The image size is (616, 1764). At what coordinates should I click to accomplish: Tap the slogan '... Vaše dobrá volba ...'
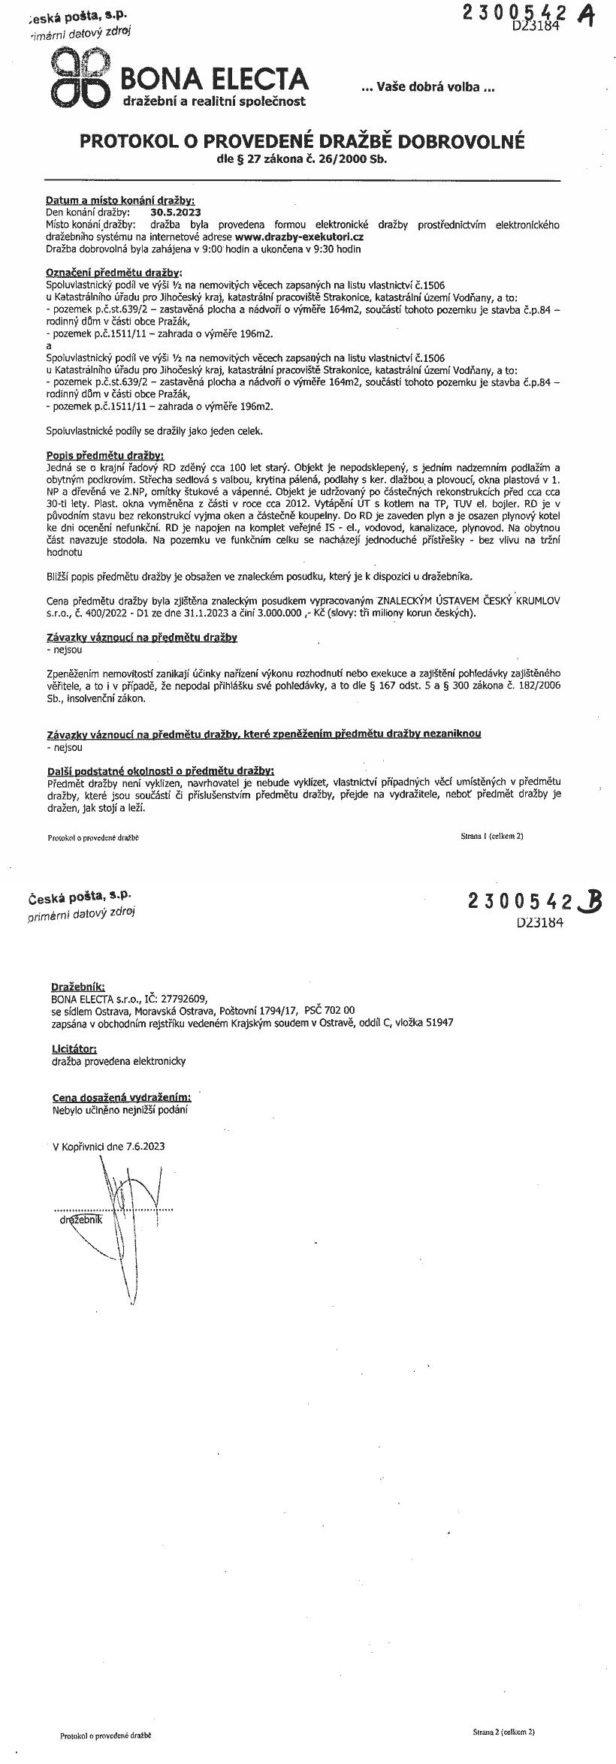click(x=428, y=87)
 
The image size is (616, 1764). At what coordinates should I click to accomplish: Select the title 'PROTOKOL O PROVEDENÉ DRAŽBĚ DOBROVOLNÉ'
click(x=302, y=142)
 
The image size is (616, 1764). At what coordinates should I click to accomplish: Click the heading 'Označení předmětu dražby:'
click(x=113, y=273)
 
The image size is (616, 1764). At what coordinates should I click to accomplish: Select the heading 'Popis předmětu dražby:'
click(x=104, y=455)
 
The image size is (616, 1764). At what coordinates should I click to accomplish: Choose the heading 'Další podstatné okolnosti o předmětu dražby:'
click(x=160, y=770)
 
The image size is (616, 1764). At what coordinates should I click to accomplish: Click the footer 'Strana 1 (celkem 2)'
click(x=492, y=835)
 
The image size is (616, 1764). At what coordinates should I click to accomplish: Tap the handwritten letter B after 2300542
click(x=589, y=900)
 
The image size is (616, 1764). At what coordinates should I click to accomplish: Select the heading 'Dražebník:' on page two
click(x=78, y=986)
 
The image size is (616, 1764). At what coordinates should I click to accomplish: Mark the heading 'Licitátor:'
click(x=74, y=1048)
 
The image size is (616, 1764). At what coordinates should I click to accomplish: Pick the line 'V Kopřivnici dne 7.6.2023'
click(x=109, y=1146)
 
